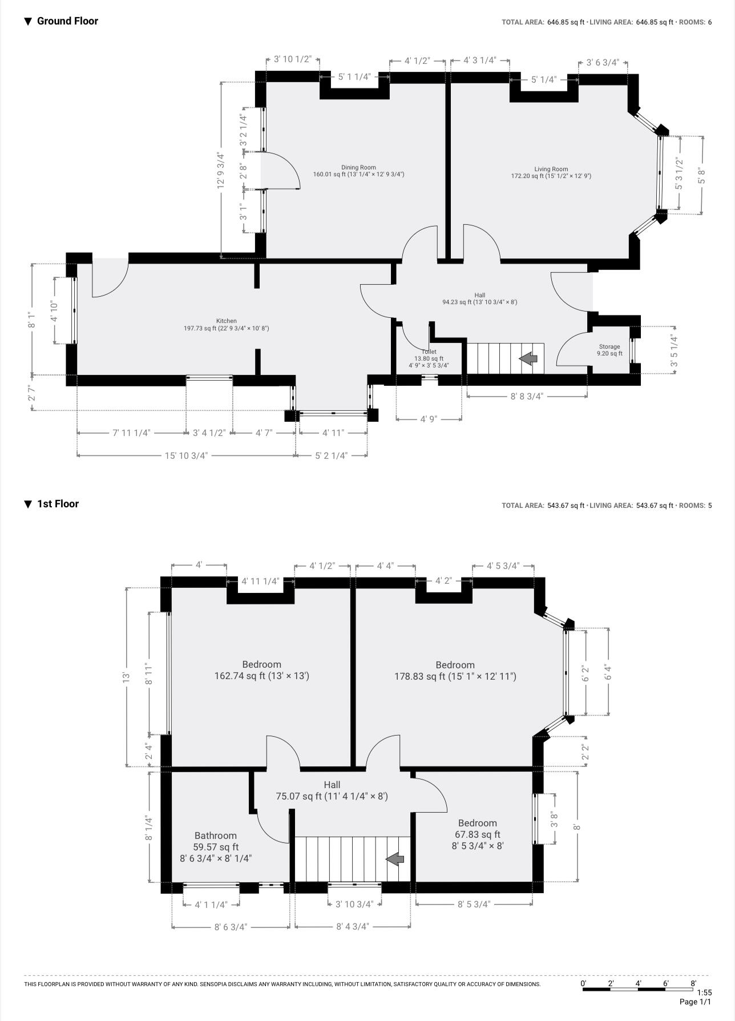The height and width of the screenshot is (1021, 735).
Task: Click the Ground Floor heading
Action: pos(67,21)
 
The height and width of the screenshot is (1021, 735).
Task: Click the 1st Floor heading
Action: pos(58,504)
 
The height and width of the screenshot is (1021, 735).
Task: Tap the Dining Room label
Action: pos(358,167)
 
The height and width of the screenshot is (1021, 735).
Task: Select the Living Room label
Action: pos(551,169)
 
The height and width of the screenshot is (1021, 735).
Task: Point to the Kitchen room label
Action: pos(226,321)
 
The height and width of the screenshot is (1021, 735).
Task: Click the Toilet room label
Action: pos(429,352)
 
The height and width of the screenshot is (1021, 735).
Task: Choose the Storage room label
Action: pos(609,346)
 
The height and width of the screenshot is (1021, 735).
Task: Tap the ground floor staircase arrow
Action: pos(528,358)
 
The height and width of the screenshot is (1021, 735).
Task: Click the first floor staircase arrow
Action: pos(395,858)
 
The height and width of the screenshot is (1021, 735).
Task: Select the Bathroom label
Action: pos(215,836)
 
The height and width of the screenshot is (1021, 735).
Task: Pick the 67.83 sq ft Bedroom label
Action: pos(477,823)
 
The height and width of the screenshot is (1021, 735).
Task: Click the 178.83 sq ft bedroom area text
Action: pos(455,676)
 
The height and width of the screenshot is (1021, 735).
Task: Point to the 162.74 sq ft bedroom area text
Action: pos(261,676)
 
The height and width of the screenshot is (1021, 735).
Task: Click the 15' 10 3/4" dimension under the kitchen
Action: pos(186,455)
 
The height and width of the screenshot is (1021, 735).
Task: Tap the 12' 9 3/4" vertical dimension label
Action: pos(220,170)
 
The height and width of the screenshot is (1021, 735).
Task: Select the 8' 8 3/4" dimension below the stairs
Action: pos(526,396)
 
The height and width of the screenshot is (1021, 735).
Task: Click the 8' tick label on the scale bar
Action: pos(693,983)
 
